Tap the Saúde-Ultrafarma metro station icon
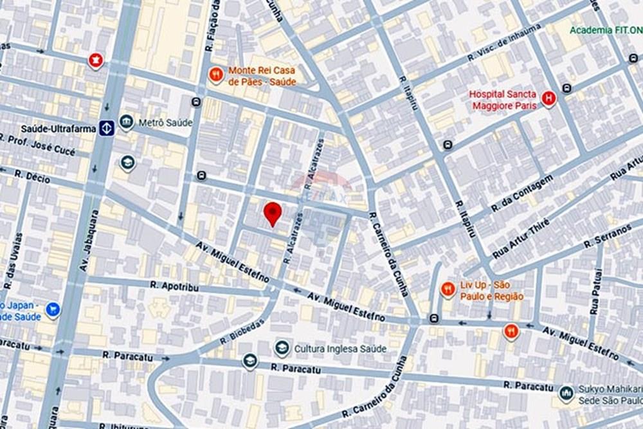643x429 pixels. coord(107,127)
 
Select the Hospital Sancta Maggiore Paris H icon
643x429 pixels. coord(548,98)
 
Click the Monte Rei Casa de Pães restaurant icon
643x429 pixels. coord(216,75)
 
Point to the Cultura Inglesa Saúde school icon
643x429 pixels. coord(280,348)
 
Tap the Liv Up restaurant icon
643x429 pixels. coord(448,289)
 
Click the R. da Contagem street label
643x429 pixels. coord(521,194)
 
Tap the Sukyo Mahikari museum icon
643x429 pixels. coord(566,392)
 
